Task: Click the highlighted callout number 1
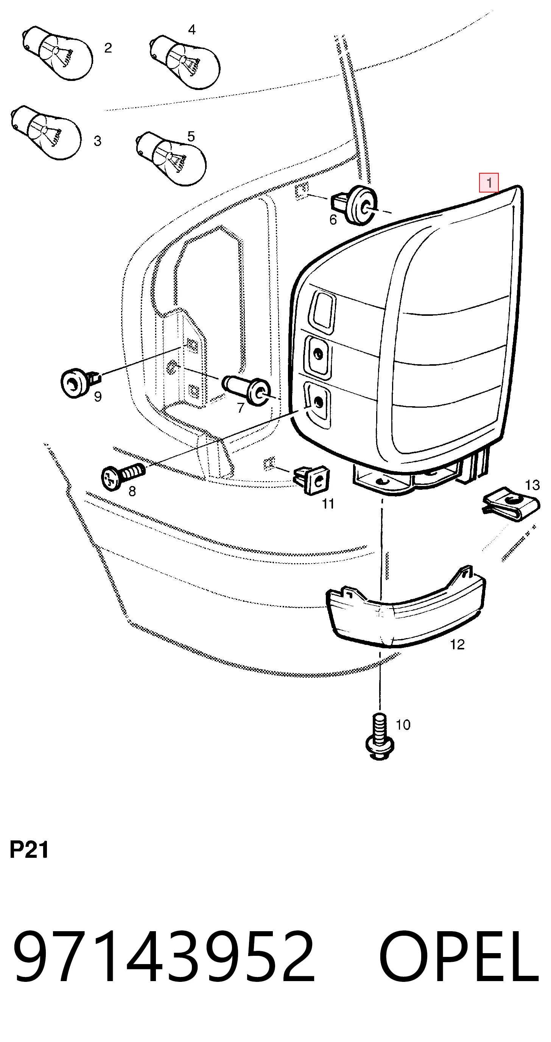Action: (489, 182)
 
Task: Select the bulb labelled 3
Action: (45, 132)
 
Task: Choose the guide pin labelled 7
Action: (246, 389)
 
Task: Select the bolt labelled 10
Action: (379, 737)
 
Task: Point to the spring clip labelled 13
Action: (511, 504)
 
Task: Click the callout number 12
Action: (457, 644)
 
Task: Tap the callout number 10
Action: (403, 724)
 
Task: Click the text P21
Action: (29, 849)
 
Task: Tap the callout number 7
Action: (241, 408)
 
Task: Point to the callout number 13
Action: (532, 485)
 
